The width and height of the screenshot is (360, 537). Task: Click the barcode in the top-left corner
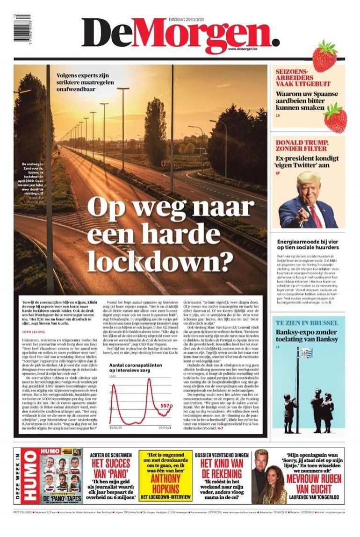(x=22, y=28)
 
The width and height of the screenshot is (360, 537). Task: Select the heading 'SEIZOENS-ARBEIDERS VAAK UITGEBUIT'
(x=302, y=78)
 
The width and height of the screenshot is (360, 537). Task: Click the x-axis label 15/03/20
(x=116, y=427)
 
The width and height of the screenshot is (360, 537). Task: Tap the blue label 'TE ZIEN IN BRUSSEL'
(x=307, y=323)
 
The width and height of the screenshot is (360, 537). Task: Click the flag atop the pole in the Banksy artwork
(x=305, y=352)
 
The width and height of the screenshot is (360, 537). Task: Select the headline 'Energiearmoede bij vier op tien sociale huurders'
(x=308, y=244)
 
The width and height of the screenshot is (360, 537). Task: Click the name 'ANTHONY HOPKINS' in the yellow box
(x=165, y=484)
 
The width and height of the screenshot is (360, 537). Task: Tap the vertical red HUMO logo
(x=29, y=476)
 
